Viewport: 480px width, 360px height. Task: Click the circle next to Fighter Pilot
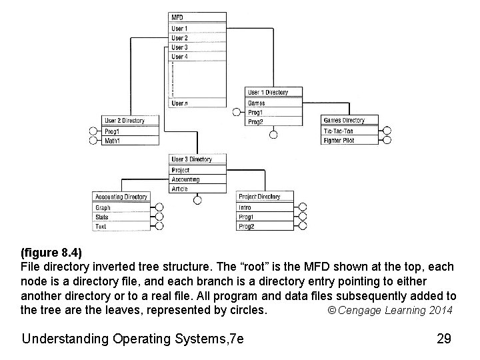(x=387, y=140)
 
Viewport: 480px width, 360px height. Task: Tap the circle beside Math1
(x=93, y=141)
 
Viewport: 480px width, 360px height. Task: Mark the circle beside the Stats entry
(x=159, y=217)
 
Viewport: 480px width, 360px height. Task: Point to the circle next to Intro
(x=302, y=207)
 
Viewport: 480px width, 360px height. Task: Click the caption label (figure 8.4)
(x=51, y=253)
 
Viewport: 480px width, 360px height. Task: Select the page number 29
(x=444, y=339)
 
